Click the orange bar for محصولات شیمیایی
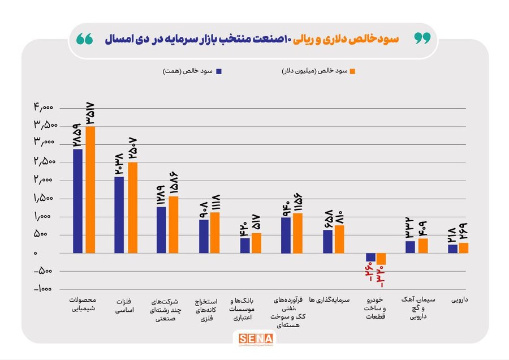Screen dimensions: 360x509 (90, 190)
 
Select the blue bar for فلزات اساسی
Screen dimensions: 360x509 (119, 215)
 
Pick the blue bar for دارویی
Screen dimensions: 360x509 (452, 249)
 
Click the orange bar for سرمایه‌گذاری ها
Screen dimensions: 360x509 (339, 239)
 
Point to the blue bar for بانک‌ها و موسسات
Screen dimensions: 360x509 (245, 246)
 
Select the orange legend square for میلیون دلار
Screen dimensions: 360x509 (352, 71)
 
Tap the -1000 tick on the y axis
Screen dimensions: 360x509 (42, 289)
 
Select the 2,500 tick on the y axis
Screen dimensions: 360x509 (44, 162)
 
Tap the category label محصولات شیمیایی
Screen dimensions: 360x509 (82, 304)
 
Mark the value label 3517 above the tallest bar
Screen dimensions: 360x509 (90, 113)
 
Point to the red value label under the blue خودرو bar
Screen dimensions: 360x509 (371, 271)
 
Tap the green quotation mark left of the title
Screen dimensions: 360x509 (85, 38)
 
